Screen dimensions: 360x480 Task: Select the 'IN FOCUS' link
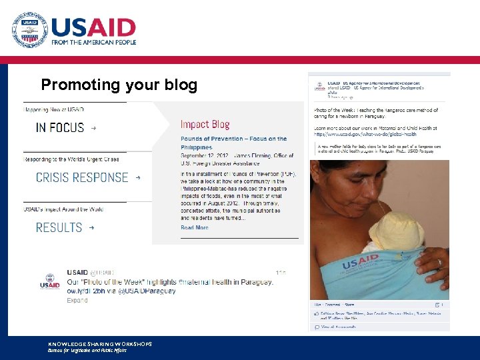tap(60, 127)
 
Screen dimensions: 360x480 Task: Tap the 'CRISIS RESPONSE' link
tap(82, 177)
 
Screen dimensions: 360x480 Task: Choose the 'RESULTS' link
tap(59, 227)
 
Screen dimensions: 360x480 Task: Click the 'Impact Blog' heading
tap(205, 125)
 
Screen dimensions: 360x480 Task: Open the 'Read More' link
tap(195, 227)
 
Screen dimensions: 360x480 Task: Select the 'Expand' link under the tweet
tap(77, 300)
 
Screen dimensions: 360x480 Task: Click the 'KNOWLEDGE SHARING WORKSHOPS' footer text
tap(100, 344)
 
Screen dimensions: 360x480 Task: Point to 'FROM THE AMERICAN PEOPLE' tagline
tap(94, 42)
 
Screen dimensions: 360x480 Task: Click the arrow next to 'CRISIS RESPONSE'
tap(138, 178)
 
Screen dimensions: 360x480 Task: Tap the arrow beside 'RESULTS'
tap(92, 227)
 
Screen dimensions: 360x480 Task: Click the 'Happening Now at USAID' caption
tap(54, 109)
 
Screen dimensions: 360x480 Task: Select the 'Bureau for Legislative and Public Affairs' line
tap(87, 350)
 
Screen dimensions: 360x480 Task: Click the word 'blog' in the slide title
tap(182, 85)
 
